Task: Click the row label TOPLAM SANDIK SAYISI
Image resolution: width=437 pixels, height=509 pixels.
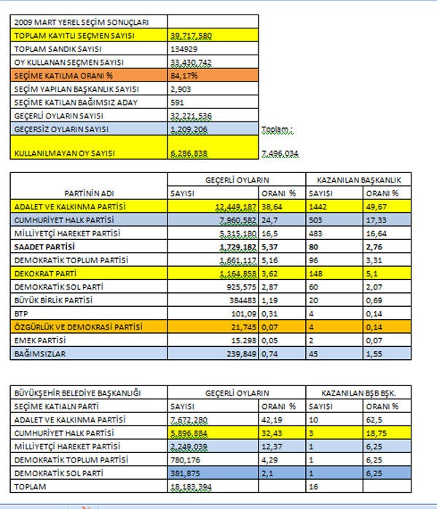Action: [51, 48]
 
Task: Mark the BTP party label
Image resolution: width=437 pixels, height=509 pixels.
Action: [22, 313]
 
